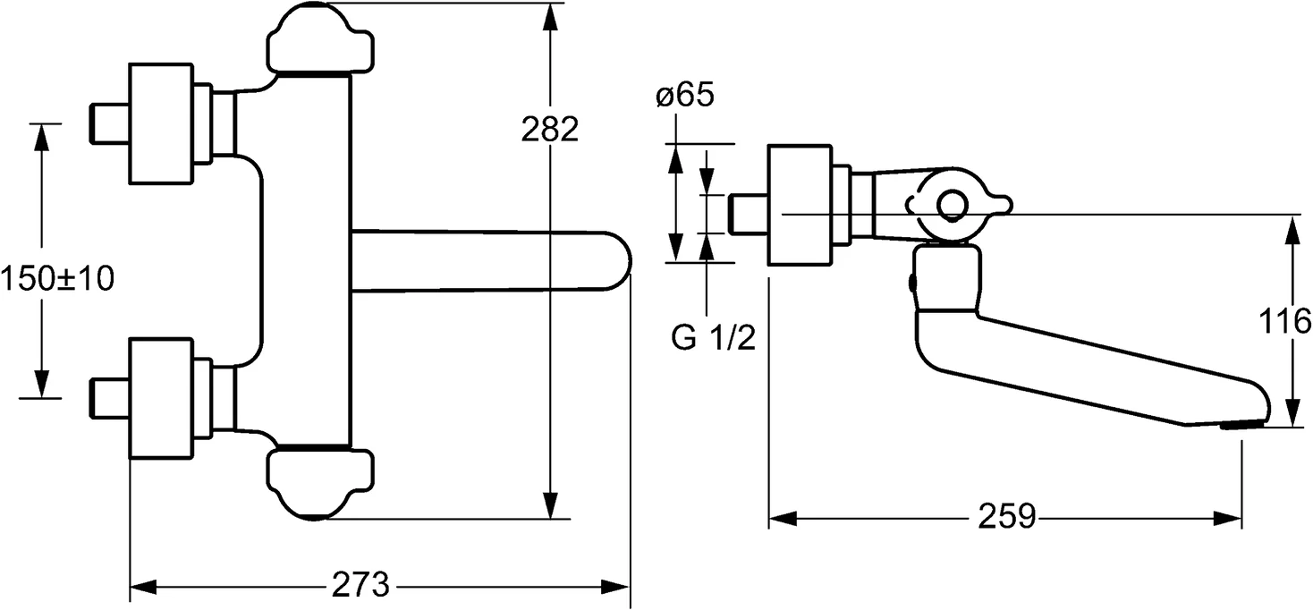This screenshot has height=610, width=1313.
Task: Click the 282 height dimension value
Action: [x=550, y=130]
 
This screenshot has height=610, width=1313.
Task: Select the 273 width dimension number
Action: [x=360, y=586]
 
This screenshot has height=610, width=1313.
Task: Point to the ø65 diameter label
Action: [x=684, y=96]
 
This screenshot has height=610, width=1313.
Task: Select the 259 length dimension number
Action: [x=1006, y=516]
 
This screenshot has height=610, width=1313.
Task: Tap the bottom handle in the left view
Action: [x=319, y=484]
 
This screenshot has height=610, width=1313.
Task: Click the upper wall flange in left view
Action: [x=161, y=124]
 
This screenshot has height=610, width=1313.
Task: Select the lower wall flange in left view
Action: [x=161, y=399]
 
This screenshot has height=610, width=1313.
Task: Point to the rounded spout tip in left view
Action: [x=617, y=260]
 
